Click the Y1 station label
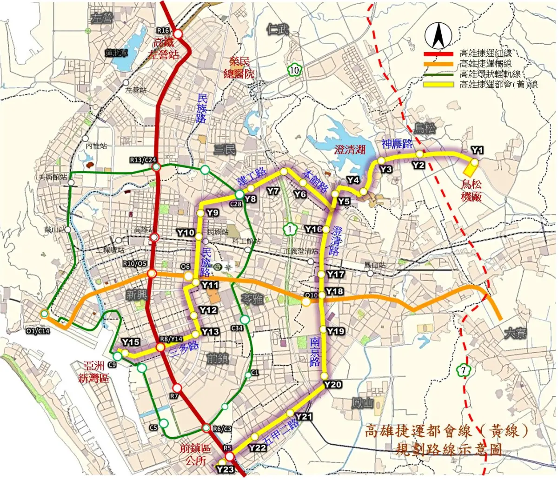click(x=477, y=150)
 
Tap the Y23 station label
click(x=225, y=469)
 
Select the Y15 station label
click(x=131, y=342)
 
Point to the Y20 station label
click(x=333, y=384)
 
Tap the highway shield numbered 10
click(x=294, y=70)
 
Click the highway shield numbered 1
click(x=290, y=229)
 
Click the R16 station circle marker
click(x=179, y=34)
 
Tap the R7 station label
click(x=174, y=396)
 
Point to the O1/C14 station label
click(x=38, y=331)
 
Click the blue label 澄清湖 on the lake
click(x=350, y=149)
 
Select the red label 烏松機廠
click(x=472, y=190)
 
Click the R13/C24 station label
click(x=143, y=160)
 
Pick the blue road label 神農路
click(x=397, y=143)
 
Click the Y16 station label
click(x=313, y=229)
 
